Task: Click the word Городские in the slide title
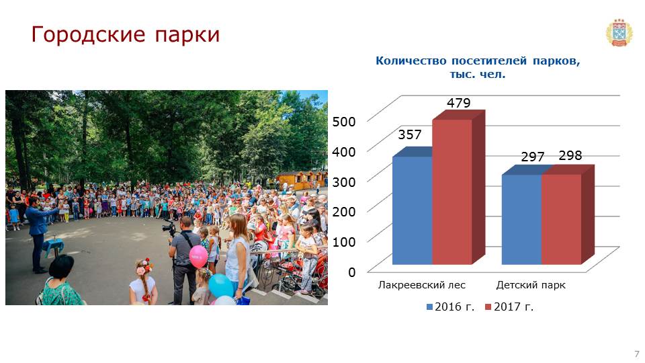coord(89,34)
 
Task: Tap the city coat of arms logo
coord(619,32)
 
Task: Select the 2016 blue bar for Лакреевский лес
coord(412,210)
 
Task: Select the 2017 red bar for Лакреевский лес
coord(452,192)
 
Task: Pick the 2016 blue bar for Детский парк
coord(521,219)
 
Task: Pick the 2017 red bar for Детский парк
coord(562,219)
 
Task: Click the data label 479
coord(459,103)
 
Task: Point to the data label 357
coord(410,134)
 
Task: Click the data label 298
coord(570,155)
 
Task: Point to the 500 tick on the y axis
coord(344,122)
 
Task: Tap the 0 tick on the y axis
coord(351,272)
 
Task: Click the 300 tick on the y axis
coord(344,182)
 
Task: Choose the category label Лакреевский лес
coord(422,285)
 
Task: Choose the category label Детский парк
coord(531,285)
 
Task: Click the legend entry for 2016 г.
coord(450,307)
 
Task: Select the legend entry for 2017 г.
coord(509,307)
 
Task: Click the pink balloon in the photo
coord(198,256)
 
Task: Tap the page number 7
coord(637,354)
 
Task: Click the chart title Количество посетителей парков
coord(478,61)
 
